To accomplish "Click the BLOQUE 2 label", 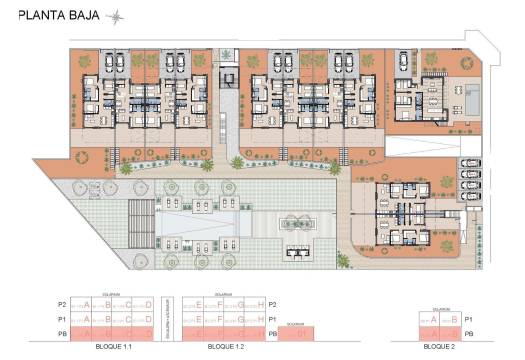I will (442, 345).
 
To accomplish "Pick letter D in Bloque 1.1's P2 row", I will (148, 304).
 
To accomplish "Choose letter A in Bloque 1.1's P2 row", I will (87, 304).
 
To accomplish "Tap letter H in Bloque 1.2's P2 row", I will (260, 304).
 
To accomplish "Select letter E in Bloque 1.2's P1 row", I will (200, 319).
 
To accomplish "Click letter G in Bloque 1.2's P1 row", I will (240, 319).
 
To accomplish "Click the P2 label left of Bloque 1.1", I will (62, 304).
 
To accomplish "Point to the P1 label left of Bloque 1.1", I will (62, 319).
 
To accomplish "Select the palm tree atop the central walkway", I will (232, 54).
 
